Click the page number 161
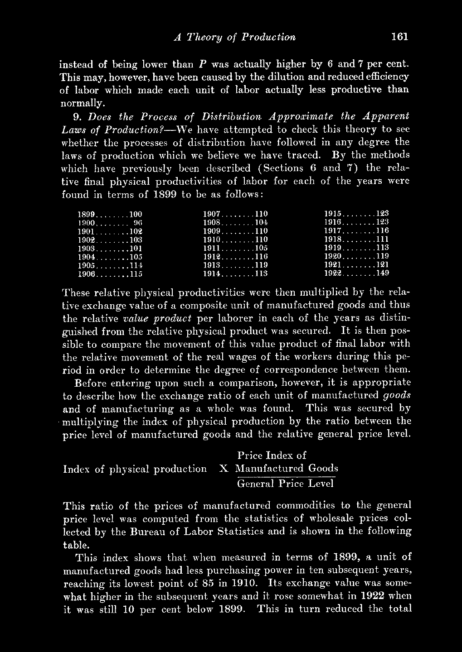pyautogui.click(x=400, y=37)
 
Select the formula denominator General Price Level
pyautogui.click(x=286, y=484)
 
